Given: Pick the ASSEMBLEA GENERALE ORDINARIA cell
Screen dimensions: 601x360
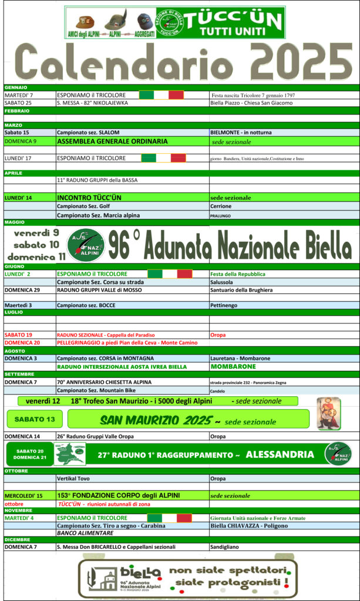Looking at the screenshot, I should coord(112,141).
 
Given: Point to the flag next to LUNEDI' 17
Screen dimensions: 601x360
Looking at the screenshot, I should coord(164,158).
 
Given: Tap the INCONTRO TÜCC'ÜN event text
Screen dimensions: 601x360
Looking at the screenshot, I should coord(89,198).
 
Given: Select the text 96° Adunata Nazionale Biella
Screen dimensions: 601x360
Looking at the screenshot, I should coord(230,244).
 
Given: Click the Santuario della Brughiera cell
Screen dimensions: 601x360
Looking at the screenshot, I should coord(241,290).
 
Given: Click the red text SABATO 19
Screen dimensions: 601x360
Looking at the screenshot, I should coord(18,335).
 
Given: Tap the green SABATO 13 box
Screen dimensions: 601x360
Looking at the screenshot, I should coord(34,419).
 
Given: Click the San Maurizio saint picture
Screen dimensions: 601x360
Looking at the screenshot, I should coord(329,413).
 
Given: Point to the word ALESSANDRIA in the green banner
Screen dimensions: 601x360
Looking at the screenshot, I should coord(280,454).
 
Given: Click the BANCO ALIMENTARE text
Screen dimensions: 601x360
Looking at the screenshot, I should coord(80,534).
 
